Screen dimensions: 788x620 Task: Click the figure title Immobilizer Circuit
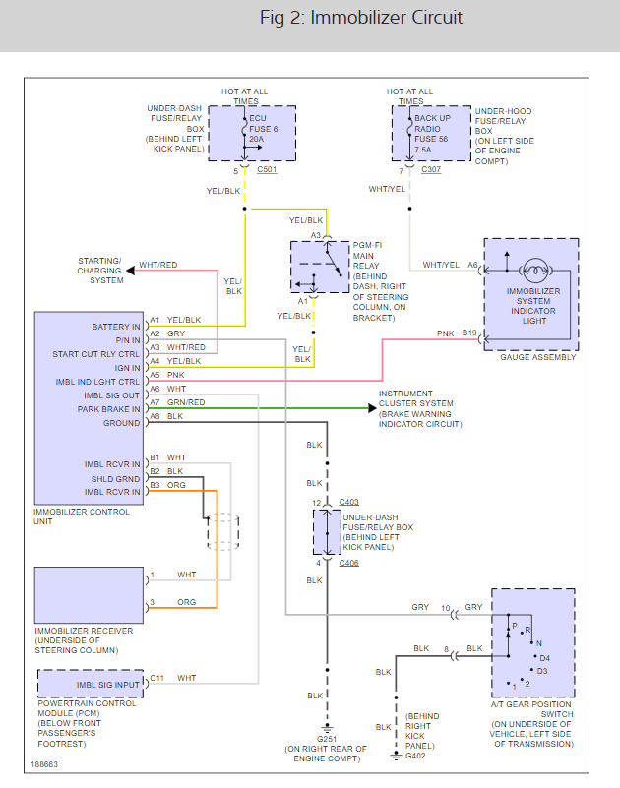coord(361,18)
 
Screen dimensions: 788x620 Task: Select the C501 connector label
coord(267,170)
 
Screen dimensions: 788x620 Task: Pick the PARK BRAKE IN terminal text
coord(109,408)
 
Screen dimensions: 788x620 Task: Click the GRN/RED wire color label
coord(185,403)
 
